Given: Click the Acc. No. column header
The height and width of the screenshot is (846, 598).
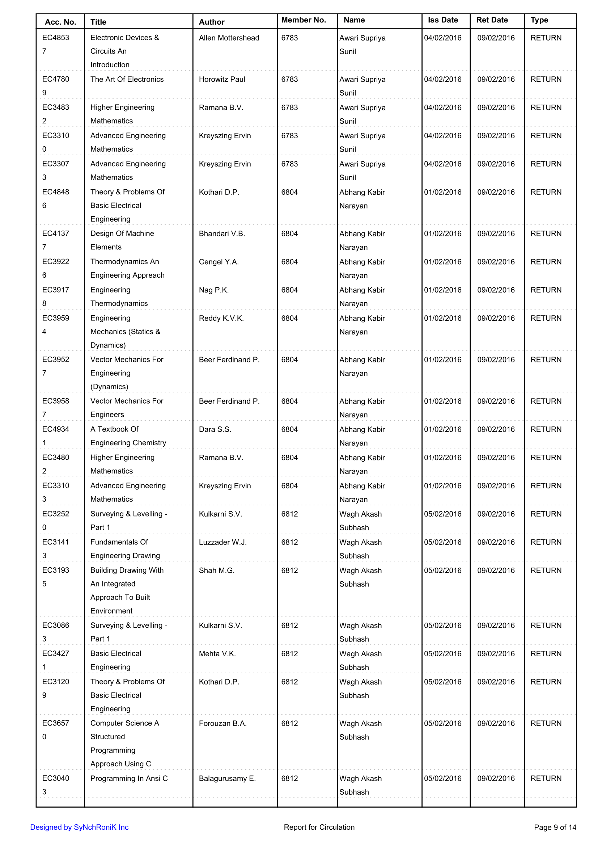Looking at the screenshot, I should tap(60, 22).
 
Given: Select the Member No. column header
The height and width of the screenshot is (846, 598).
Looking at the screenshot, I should tap(304, 20).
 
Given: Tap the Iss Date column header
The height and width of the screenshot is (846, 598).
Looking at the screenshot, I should tap(442, 20).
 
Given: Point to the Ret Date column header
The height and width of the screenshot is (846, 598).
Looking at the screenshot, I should tap(492, 20).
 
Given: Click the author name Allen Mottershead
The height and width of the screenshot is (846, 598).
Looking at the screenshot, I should tap(229, 38).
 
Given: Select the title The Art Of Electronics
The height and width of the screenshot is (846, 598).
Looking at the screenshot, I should tap(127, 79).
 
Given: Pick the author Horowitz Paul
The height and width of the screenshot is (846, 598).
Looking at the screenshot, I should tap(222, 79).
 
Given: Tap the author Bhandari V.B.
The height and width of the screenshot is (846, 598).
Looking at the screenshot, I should tap(222, 233).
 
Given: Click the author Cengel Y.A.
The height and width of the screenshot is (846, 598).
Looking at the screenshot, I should tap(219, 262).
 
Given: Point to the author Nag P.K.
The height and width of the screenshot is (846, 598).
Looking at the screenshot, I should tap(213, 290).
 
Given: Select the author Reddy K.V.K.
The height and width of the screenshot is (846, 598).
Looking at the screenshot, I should tap(221, 318).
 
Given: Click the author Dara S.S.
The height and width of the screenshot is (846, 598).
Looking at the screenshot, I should tap(215, 429).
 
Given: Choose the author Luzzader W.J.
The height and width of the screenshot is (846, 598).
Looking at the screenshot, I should tap(222, 542).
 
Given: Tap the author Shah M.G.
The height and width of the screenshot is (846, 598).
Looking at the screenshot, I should tap(216, 571).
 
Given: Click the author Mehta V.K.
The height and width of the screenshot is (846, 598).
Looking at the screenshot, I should tap(217, 654).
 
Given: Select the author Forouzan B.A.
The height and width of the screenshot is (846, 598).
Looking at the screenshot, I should tap(222, 723).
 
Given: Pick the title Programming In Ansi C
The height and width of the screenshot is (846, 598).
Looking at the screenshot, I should tap(129, 778).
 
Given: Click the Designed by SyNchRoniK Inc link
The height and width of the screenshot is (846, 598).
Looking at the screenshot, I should tap(79, 827).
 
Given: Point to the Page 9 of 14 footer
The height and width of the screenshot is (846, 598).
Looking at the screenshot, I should tap(555, 827).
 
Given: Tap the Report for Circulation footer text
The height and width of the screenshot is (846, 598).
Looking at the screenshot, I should tap(319, 827).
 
